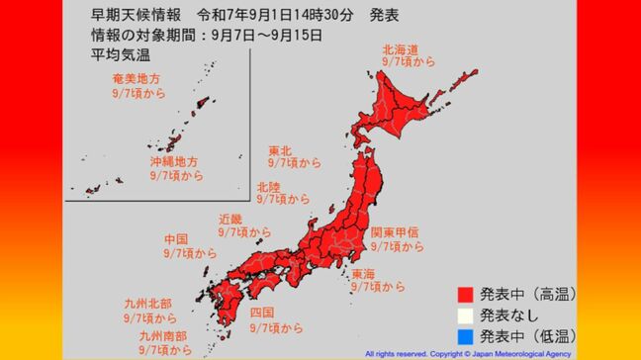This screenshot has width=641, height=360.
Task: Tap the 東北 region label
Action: tap(280, 150)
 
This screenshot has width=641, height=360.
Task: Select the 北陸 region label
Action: tap(267, 186)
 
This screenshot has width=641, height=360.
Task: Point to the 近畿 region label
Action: tap(231, 219)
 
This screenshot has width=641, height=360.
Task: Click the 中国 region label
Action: tap(177, 239)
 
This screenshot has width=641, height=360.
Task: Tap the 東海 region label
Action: tap(361, 274)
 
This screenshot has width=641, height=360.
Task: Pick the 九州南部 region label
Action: tap(164, 336)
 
